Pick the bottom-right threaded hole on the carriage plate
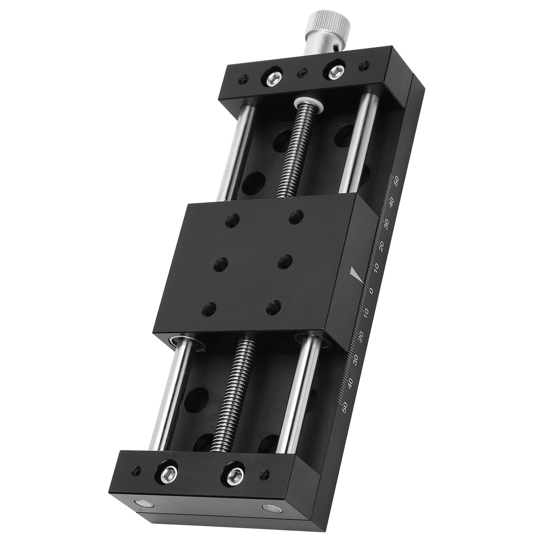(x=273, y=307)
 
